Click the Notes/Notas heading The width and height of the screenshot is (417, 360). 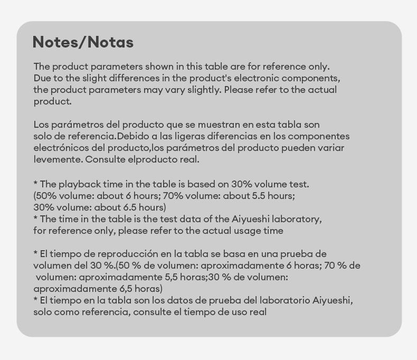pyautogui.click(x=83, y=42)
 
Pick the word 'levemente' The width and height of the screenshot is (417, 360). pyautogui.click(x=57, y=159)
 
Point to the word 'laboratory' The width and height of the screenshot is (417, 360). pyautogui.click(x=295, y=219)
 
